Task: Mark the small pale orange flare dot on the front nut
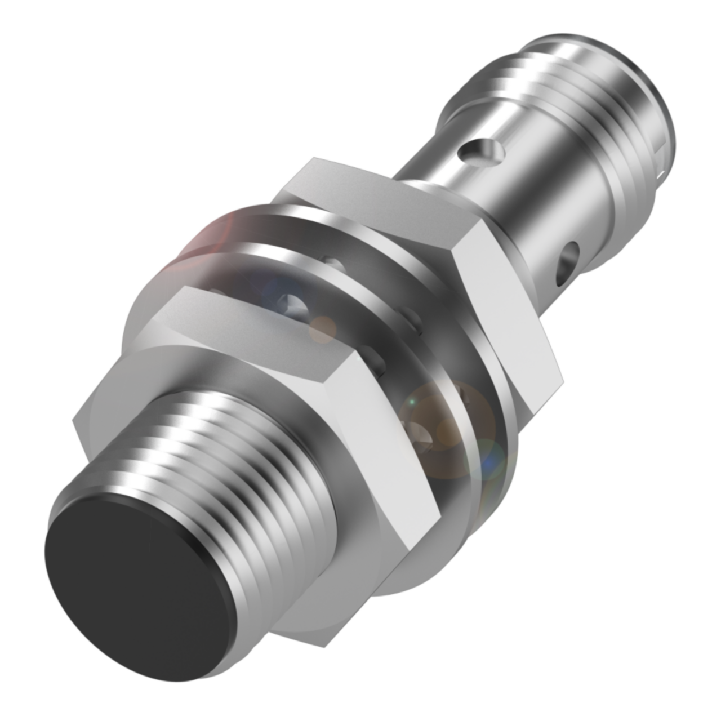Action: click(322, 330)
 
